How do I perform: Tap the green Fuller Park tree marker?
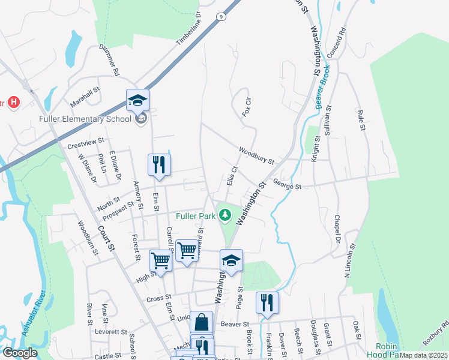[225, 214]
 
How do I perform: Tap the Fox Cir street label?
[246, 106]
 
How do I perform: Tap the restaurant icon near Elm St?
[159, 164]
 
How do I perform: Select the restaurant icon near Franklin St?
[267, 302]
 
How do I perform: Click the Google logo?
[20, 353]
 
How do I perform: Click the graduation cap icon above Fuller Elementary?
[137, 100]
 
